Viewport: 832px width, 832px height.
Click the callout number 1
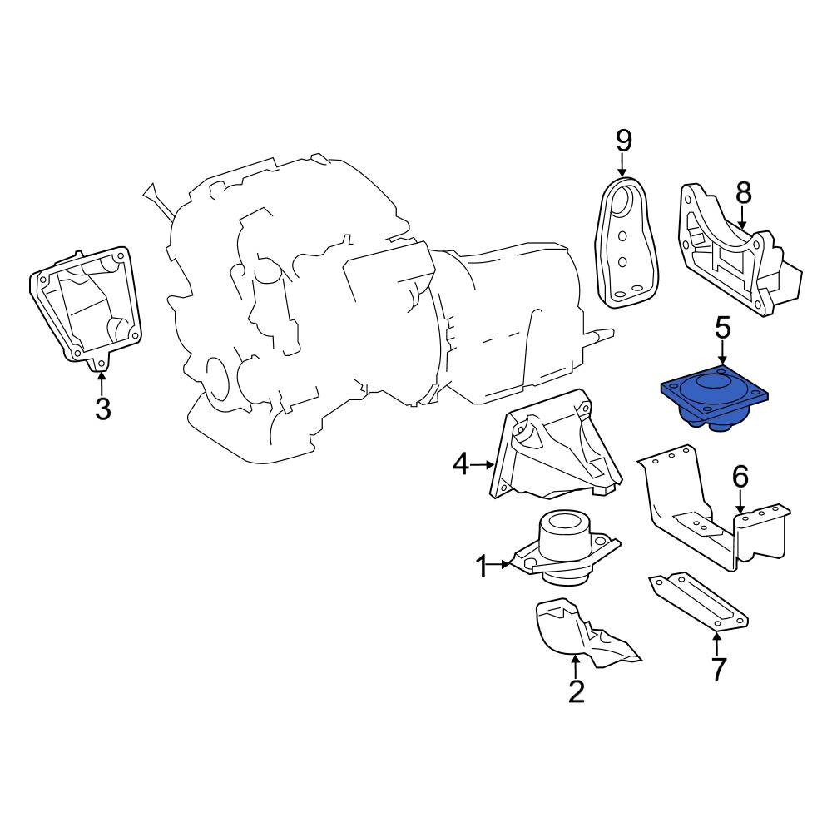pyautogui.click(x=483, y=566)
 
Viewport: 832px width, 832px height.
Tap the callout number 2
pyautogui.click(x=577, y=691)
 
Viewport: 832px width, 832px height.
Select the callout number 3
pyautogui.click(x=102, y=409)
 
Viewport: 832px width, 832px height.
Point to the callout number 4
pyautogui.click(x=461, y=465)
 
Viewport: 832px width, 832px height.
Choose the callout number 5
pyautogui.click(x=723, y=328)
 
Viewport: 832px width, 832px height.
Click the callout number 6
pyautogui.click(x=740, y=476)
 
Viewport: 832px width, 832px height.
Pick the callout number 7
pyautogui.click(x=718, y=669)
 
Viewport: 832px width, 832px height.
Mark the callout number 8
pyautogui.click(x=743, y=193)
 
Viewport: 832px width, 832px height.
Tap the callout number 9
pyautogui.click(x=624, y=141)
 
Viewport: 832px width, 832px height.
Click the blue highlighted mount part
pyautogui.click(x=714, y=398)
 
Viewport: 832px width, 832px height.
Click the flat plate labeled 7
pyautogui.click(x=698, y=602)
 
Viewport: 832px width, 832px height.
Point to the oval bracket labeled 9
pyautogui.click(x=627, y=242)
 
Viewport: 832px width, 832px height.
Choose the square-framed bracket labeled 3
pyautogui.click(x=85, y=305)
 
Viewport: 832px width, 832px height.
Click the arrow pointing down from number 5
pyautogui.click(x=721, y=353)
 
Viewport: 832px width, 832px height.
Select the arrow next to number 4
pyautogui.click(x=483, y=465)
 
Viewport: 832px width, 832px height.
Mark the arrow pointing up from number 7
pyautogui.click(x=717, y=644)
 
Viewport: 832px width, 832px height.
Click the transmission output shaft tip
pyautogui.click(x=612, y=334)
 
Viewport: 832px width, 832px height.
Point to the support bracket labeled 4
pyautogui.click(x=554, y=446)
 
